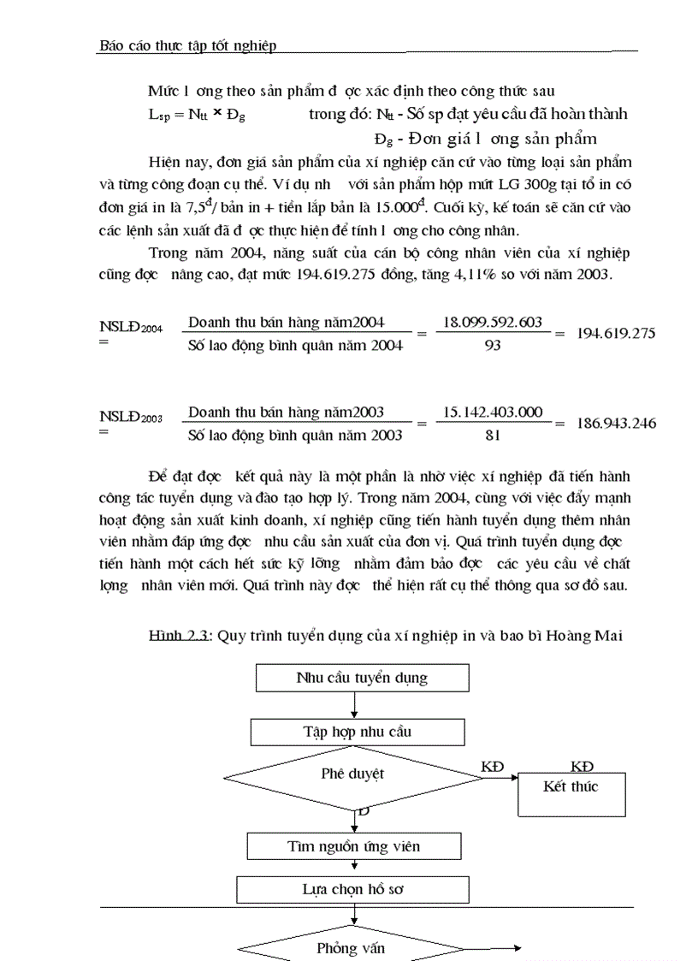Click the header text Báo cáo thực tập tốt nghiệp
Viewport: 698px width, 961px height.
(x=188, y=45)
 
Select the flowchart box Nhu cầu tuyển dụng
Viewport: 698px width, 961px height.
(x=362, y=678)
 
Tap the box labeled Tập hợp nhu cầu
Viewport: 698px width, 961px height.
(x=358, y=732)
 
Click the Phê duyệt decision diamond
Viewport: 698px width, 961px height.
(x=352, y=774)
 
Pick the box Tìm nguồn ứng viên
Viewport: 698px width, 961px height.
(x=354, y=846)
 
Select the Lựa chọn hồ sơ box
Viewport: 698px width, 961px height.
(x=352, y=889)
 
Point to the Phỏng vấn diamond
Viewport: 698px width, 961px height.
(x=351, y=948)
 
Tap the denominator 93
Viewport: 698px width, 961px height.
(x=492, y=345)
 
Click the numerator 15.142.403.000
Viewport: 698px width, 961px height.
(x=492, y=412)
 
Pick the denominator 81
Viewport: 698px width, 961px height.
(x=492, y=435)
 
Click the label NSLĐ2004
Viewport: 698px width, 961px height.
(x=130, y=326)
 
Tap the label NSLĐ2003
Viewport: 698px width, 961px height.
(x=130, y=417)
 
